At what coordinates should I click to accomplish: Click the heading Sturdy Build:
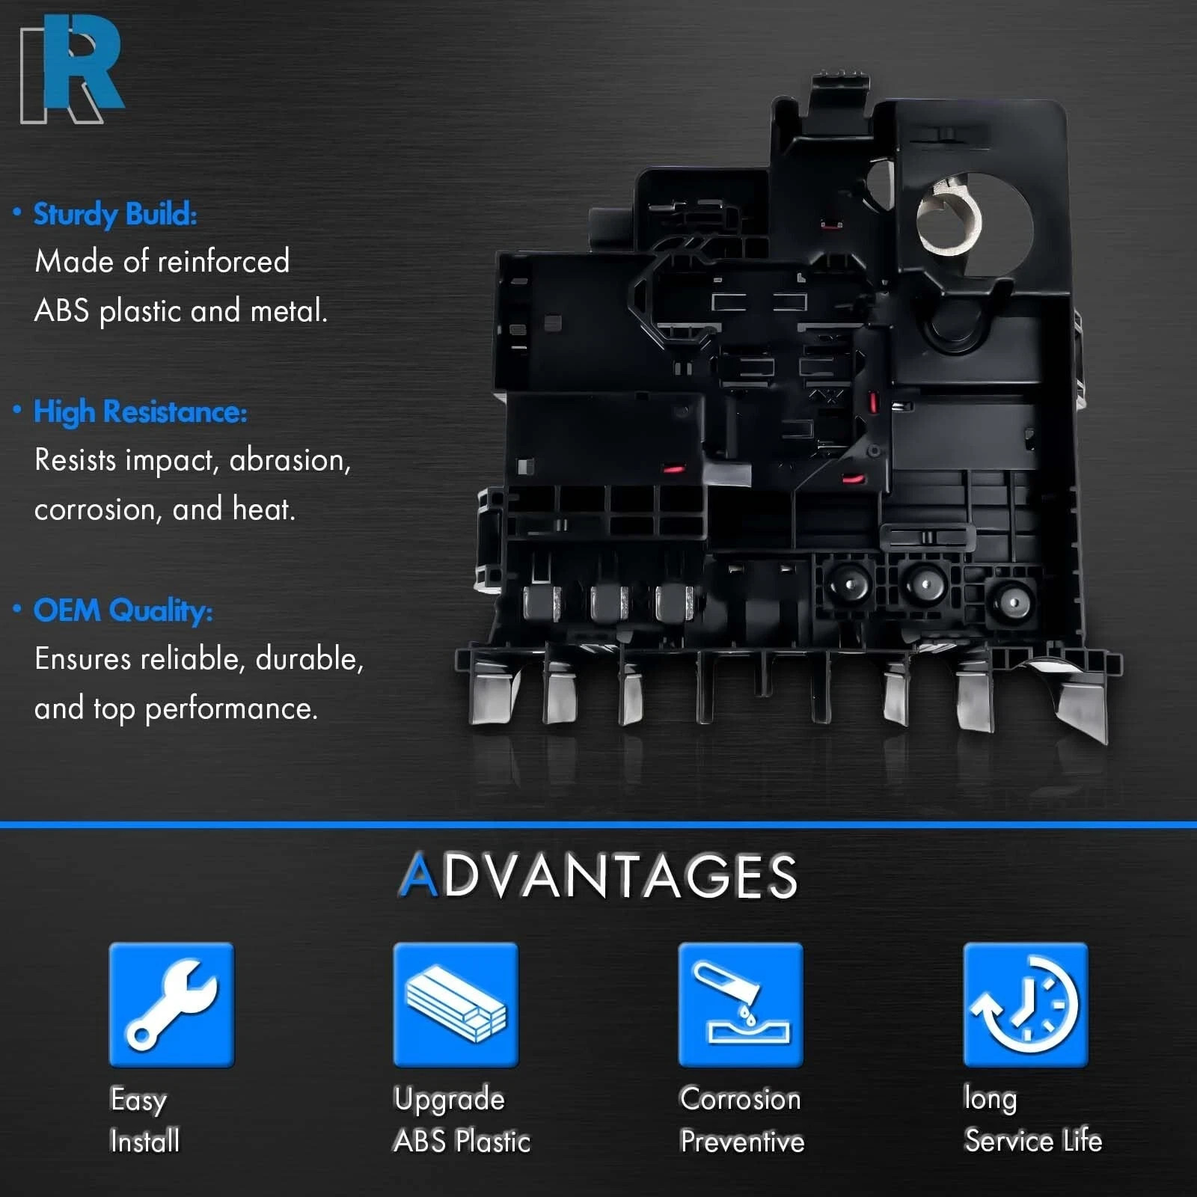(115, 215)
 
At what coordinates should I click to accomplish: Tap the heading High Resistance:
(140, 412)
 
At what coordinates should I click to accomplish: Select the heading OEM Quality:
(123, 610)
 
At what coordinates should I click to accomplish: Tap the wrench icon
(171, 1004)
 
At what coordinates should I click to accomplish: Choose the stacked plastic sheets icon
(456, 1004)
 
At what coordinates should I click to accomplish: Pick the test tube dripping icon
(741, 1004)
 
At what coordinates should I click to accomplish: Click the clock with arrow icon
(1026, 1004)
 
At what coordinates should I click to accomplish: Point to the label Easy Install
(144, 1120)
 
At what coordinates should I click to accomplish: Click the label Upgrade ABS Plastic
(462, 1120)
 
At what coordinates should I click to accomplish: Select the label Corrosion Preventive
(741, 1120)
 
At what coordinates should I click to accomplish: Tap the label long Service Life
(1032, 1120)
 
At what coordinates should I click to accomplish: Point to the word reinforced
(224, 262)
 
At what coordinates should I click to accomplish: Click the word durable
(309, 659)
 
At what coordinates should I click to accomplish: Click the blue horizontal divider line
(598, 824)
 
